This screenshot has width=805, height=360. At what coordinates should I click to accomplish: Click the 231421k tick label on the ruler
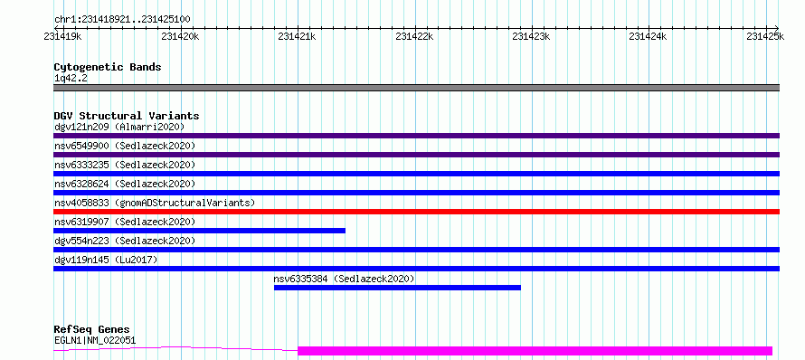tap(298, 36)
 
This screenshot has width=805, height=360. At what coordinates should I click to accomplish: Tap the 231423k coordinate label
tap(531, 36)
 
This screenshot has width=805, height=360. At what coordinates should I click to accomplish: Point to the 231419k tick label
tap(63, 36)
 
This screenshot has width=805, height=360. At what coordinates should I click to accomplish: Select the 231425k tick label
tap(765, 36)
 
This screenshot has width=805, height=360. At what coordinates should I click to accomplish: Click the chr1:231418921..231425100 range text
tap(122, 20)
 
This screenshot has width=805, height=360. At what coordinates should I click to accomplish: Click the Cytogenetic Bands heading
tap(108, 67)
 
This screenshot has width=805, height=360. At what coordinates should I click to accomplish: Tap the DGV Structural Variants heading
tap(127, 116)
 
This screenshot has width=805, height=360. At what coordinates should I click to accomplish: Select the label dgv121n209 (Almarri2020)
tap(119, 127)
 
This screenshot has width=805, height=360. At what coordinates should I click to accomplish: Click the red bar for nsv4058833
tap(416, 212)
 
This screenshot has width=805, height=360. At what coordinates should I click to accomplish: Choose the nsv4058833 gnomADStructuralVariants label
tap(155, 203)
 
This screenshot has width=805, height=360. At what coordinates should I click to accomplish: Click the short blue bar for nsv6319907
tap(199, 231)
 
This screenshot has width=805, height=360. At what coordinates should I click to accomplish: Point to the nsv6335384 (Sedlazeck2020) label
tap(344, 279)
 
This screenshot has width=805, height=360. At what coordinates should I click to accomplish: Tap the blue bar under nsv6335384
tap(397, 288)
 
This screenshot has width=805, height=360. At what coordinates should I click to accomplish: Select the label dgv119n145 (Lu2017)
tap(106, 260)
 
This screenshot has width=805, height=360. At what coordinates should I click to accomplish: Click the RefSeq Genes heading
tap(92, 330)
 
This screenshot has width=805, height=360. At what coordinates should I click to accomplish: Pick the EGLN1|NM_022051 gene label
tap(95, 340)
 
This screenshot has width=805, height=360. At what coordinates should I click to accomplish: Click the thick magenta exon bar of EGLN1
tap(535, 351)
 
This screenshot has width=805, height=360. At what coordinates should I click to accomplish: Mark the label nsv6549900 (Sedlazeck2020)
tap(125, 146)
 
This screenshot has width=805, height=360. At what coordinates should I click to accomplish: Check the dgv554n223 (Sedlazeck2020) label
tap(125, 241)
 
